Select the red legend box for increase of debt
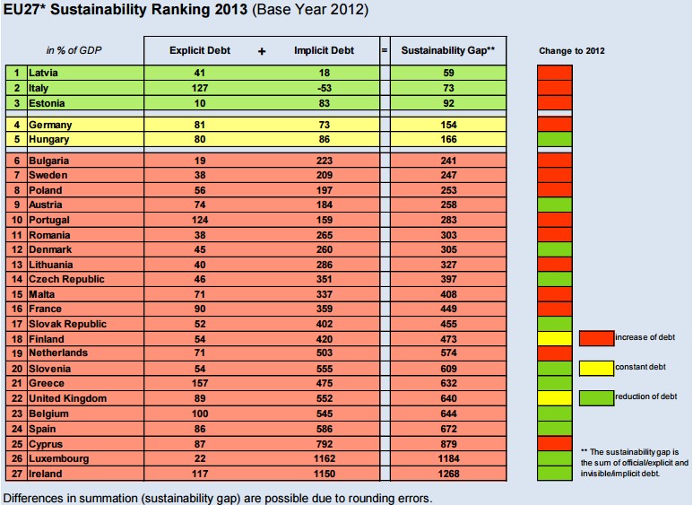tap(596, 337)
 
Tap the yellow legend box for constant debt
tap(596, 367)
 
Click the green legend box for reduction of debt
tap(596, 396)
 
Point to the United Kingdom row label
tap(67, 398)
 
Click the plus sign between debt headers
tap(262, 51)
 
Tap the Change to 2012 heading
tap(571, 51)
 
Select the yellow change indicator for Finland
tap(554, 338)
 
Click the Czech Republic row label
tap(65, 279)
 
